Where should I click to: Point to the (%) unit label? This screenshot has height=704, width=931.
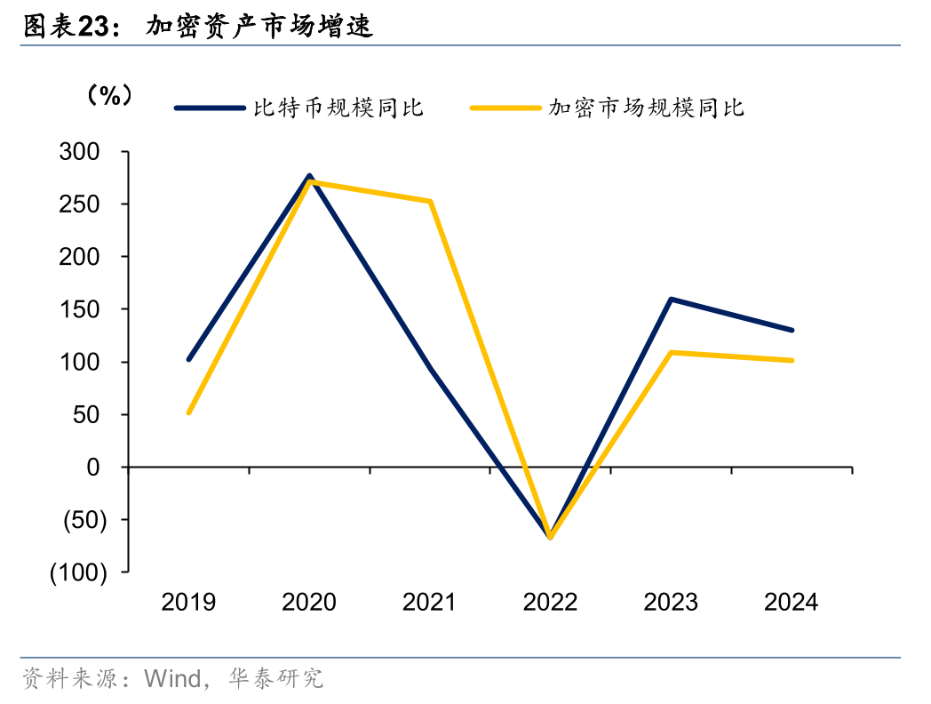pos(110,96)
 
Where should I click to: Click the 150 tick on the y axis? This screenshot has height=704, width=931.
pos(88,309)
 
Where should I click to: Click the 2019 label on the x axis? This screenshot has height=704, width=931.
pos(188,603)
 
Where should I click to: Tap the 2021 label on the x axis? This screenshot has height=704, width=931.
pos(429,603)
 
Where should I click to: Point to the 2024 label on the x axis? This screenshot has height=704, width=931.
pos(791,603)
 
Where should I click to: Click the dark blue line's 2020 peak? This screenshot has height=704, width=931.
pos(309,176)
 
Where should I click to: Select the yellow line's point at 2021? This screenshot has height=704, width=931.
pos(430,202)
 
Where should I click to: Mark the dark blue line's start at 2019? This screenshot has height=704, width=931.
pos(188,359)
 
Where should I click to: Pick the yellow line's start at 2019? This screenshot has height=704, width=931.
pos(188,412)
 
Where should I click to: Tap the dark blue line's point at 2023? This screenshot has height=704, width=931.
pos(671,300)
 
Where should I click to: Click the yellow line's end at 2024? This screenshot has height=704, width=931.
pos(791,360)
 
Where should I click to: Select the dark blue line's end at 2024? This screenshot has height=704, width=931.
pos(791,330)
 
